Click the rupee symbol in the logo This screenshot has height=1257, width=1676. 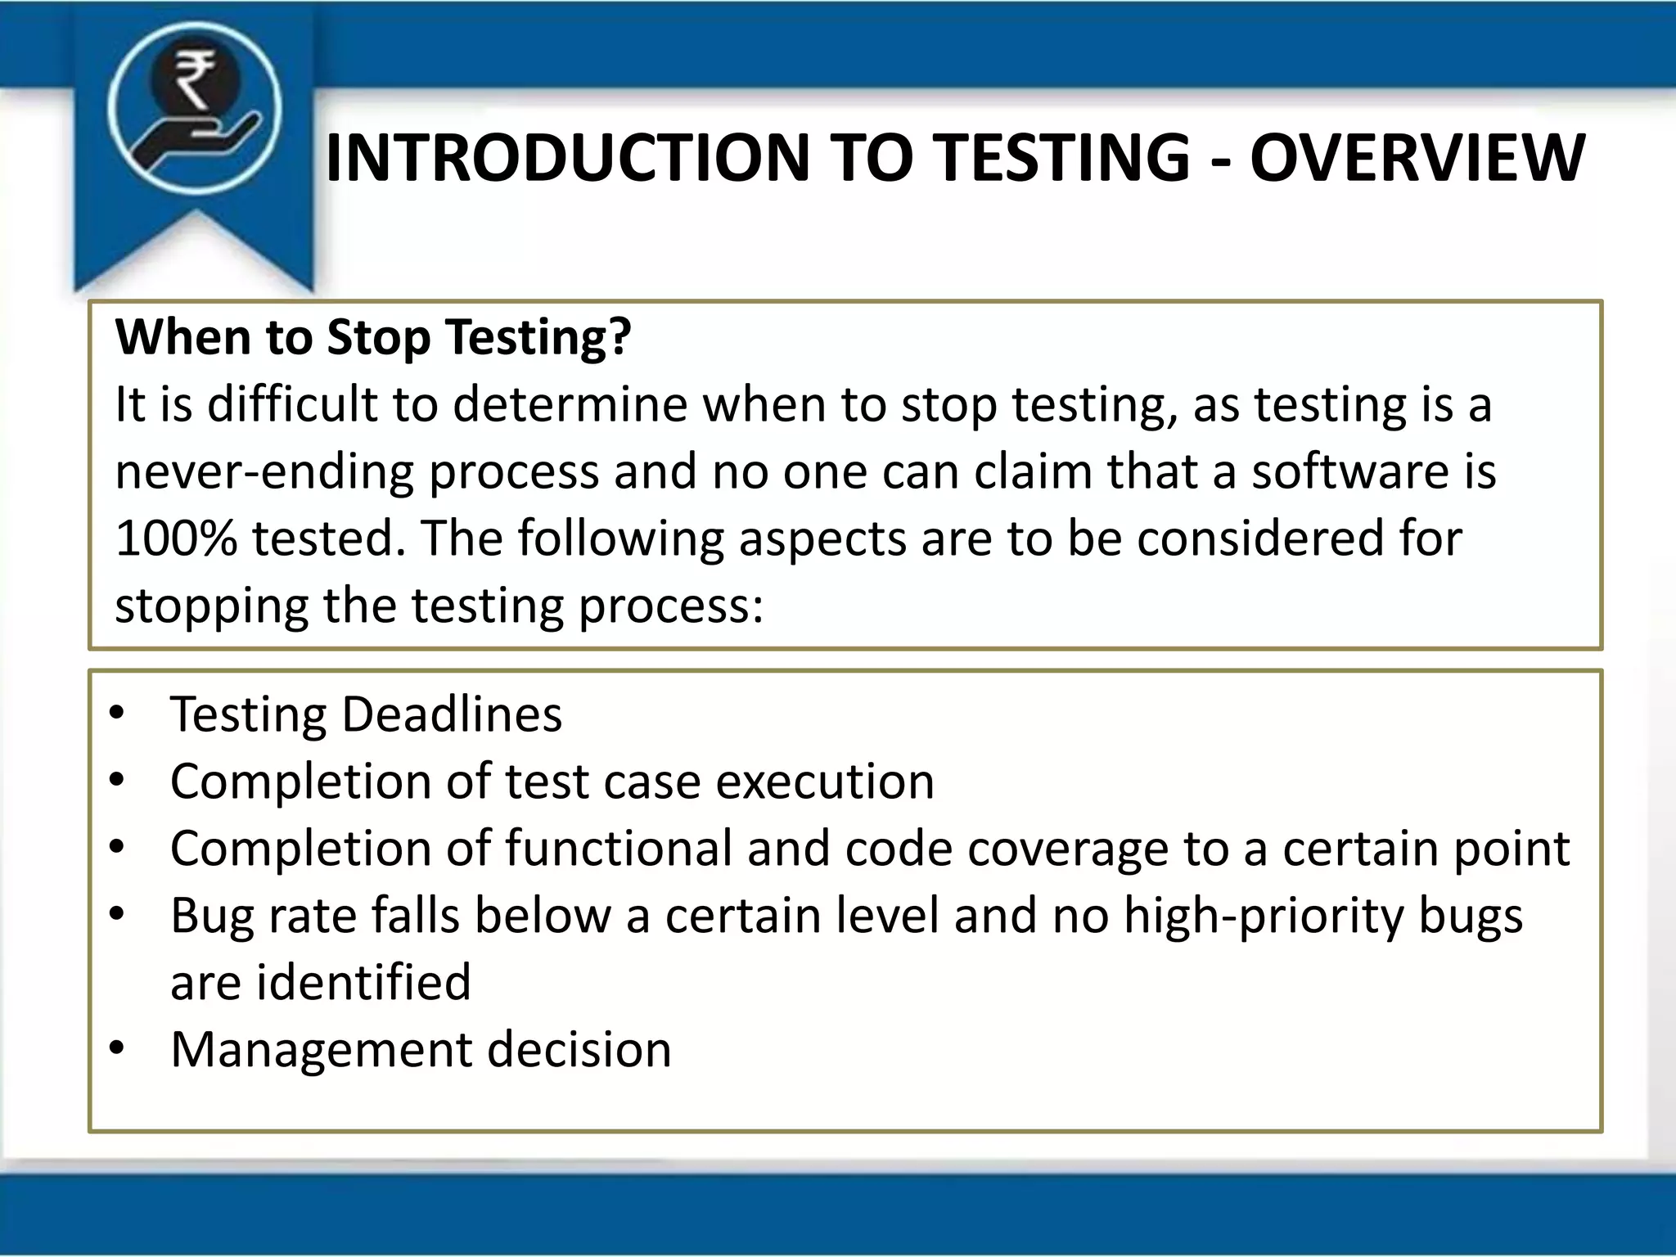(194, 80)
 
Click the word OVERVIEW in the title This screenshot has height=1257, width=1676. (1417, 158)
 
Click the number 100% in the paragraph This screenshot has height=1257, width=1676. (176, 538)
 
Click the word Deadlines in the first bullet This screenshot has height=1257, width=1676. (452, 714)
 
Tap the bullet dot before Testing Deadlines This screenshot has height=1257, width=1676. (117, 713)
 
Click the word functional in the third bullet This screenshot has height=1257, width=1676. (618, 849)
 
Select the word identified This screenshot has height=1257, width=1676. (363, 983)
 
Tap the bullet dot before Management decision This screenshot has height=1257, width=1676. (117, 1048)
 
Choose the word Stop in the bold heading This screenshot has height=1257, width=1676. (378, 337)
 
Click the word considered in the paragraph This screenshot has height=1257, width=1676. (1259, 538)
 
